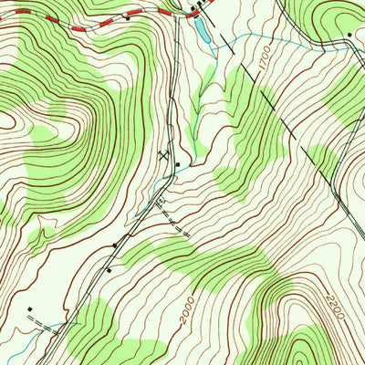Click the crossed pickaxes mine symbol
163,156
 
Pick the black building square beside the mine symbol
177,164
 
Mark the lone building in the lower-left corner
29,309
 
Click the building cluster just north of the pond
197,8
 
